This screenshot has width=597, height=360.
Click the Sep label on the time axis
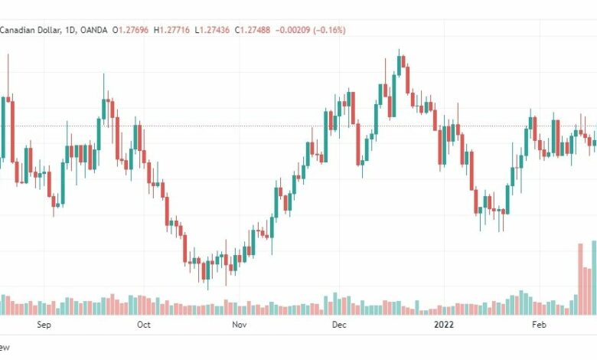44,325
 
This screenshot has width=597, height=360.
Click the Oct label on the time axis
144,325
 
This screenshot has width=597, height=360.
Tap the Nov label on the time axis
239,325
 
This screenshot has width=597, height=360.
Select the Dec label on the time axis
339,325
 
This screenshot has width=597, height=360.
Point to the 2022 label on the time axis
444,325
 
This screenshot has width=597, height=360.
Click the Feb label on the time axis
539,325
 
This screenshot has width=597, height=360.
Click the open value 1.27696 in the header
133,30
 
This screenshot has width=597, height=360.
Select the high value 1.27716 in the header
175,30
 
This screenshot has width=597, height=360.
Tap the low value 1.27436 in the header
214,30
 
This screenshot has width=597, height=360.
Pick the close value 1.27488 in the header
255,30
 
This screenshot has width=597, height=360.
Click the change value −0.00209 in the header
293,30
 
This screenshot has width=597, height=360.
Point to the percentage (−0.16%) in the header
329,30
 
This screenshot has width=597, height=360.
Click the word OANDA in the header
94,30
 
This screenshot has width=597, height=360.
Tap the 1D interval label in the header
70,30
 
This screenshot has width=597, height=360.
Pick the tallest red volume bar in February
580,280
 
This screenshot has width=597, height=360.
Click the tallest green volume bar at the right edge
594,278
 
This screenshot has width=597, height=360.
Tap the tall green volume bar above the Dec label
335,303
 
